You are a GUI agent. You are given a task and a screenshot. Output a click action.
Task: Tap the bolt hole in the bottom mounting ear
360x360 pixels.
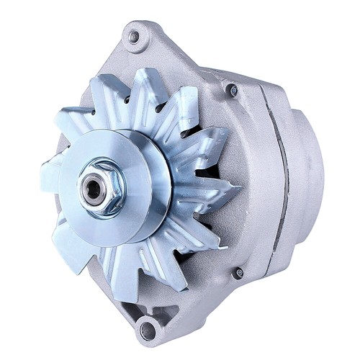(x=148, y=330)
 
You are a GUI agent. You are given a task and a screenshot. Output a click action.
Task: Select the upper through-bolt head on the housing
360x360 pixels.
(x=233, y=91)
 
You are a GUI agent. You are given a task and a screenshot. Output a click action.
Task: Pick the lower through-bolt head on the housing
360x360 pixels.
(x=238, y=273)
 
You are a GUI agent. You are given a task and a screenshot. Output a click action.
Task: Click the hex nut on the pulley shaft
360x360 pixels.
(x=100, y=188)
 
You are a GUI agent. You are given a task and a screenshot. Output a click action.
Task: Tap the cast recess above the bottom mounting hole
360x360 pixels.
(x=155, y=306)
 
